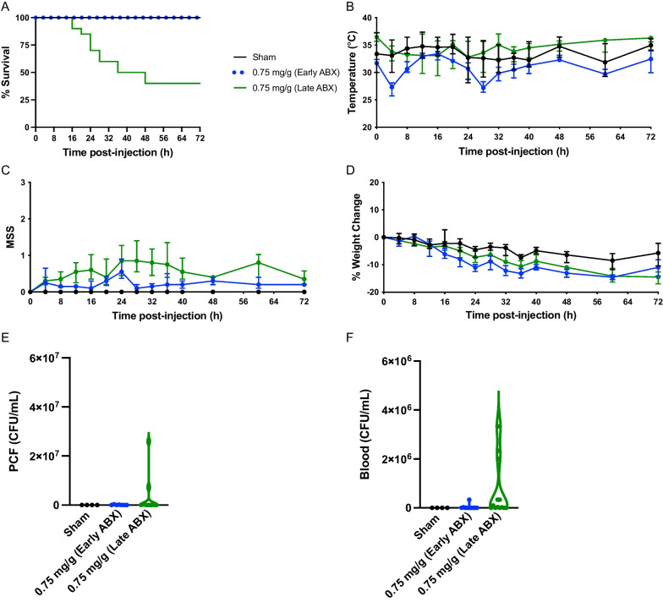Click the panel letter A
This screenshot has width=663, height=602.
point(6,7)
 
